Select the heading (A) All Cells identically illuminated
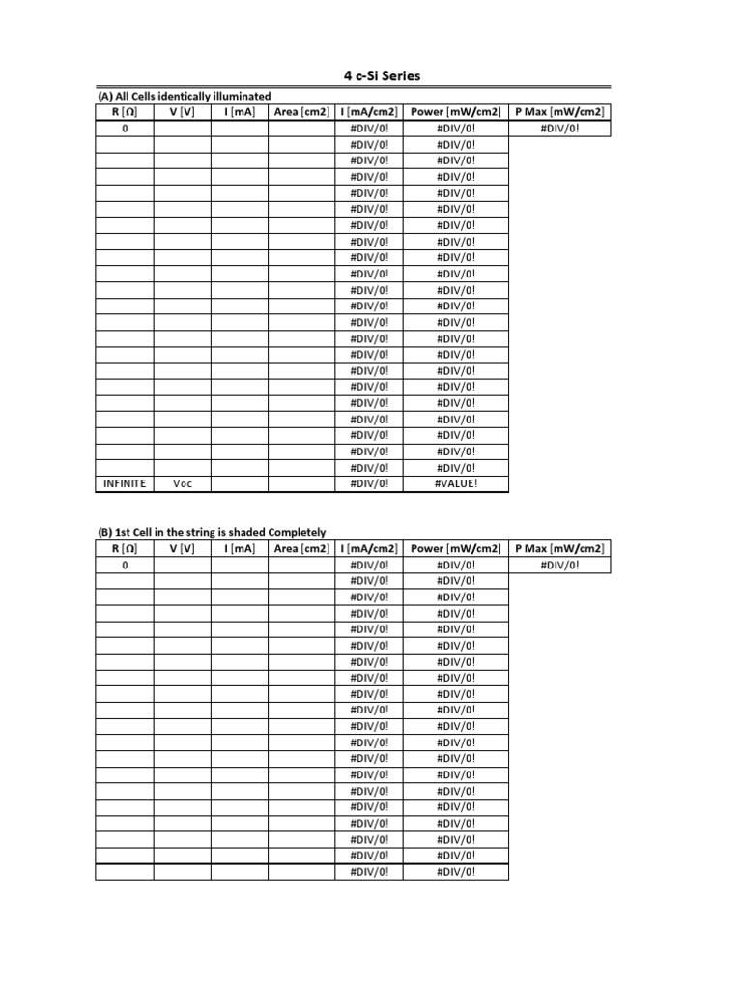184,96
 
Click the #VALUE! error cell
455,483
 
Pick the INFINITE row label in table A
125,483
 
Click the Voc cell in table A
183,483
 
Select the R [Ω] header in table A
125,112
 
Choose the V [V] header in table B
183,548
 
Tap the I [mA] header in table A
240,112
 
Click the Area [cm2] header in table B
301,548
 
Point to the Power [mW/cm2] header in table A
455,112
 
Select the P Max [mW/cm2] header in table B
559,548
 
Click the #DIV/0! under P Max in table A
559,129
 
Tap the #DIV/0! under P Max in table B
559,565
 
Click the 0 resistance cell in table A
125,129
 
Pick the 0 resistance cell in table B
125,565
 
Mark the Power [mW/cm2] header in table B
455,548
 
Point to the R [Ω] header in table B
125,548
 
